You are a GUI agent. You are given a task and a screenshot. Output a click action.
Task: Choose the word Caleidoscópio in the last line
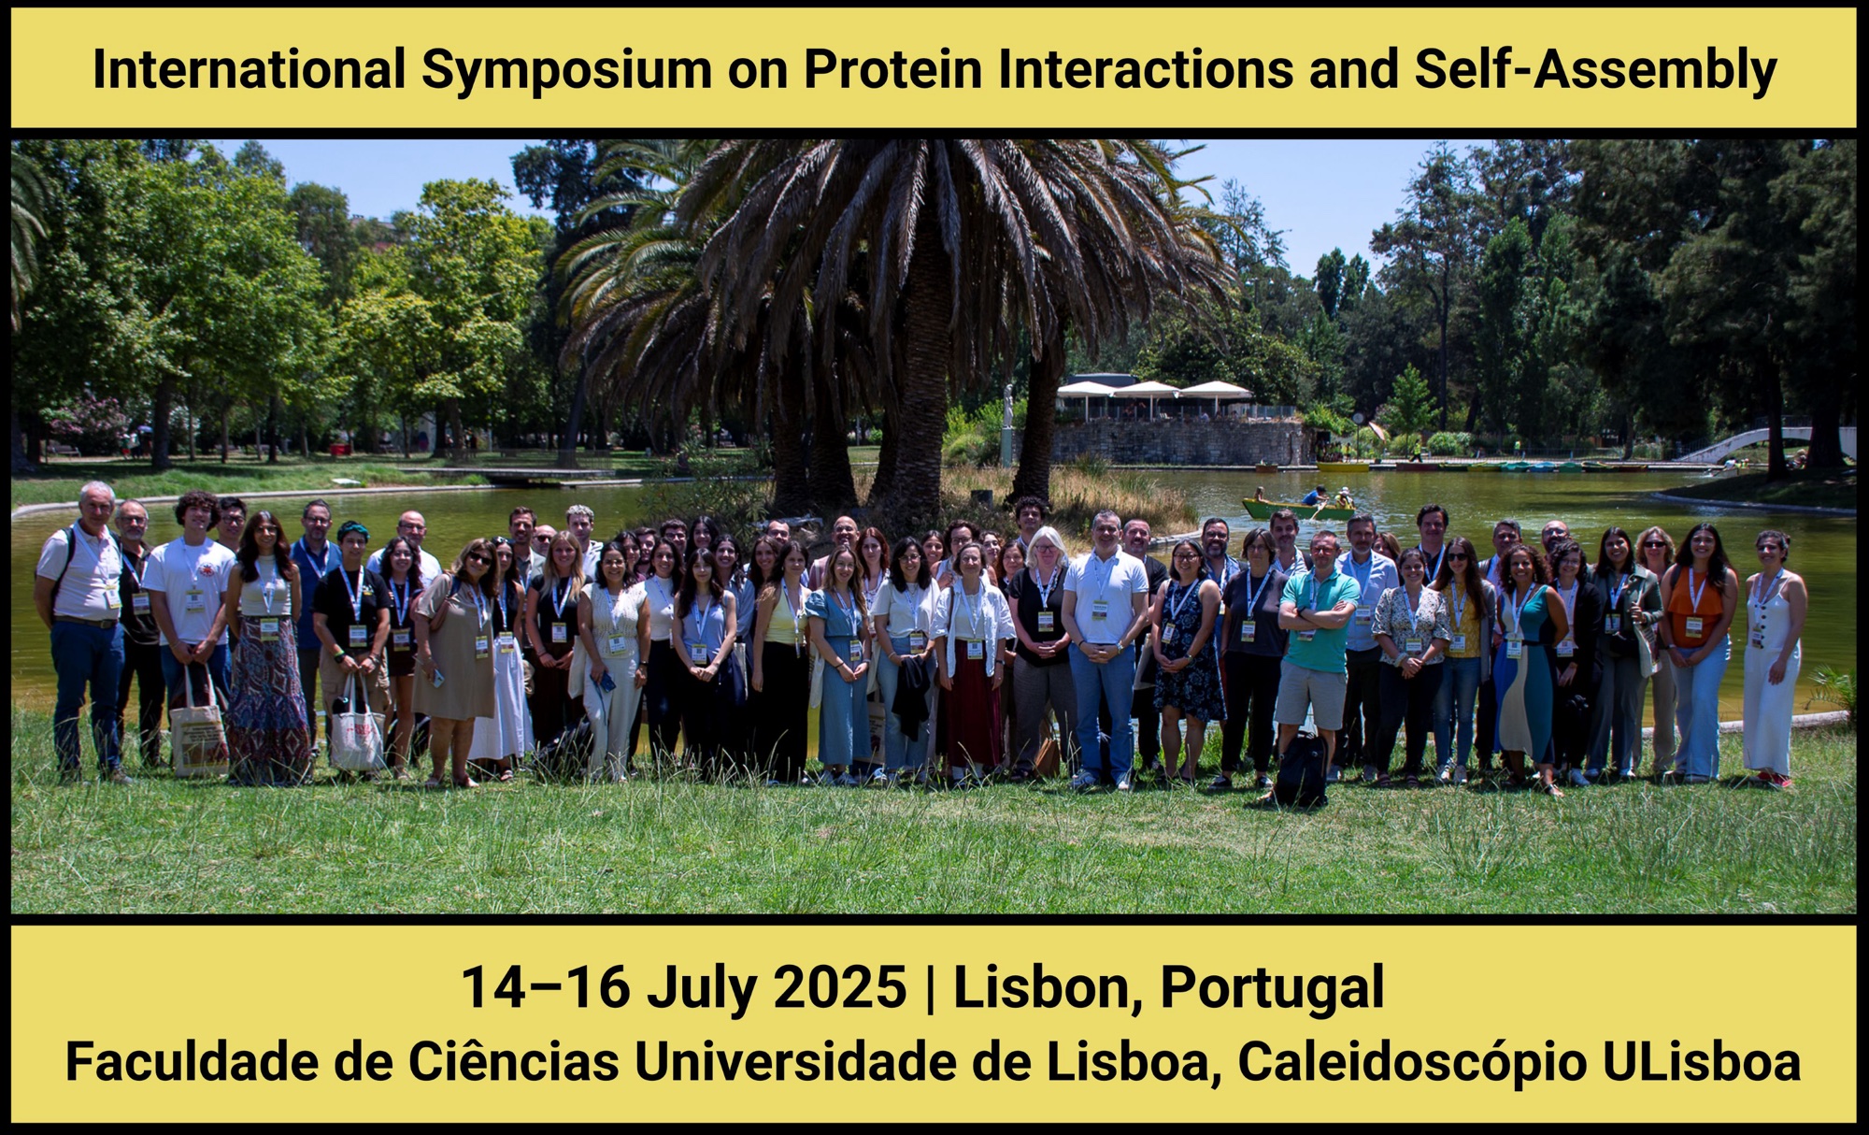click(x=1411, y=1063)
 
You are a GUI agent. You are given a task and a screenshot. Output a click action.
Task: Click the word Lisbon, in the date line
click(x=1048, y=988)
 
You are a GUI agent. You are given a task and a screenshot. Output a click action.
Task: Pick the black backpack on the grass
click(x=1300, y=769)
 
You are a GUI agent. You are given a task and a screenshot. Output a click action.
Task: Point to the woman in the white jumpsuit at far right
click(x=1772, y=658)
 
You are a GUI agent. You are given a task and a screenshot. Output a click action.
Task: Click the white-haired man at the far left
click(x=84, y=632)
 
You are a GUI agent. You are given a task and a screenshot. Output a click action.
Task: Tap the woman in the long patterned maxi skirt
click(x=267, y=649)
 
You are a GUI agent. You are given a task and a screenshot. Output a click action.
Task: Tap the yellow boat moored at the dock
click(x=1343, y=466)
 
